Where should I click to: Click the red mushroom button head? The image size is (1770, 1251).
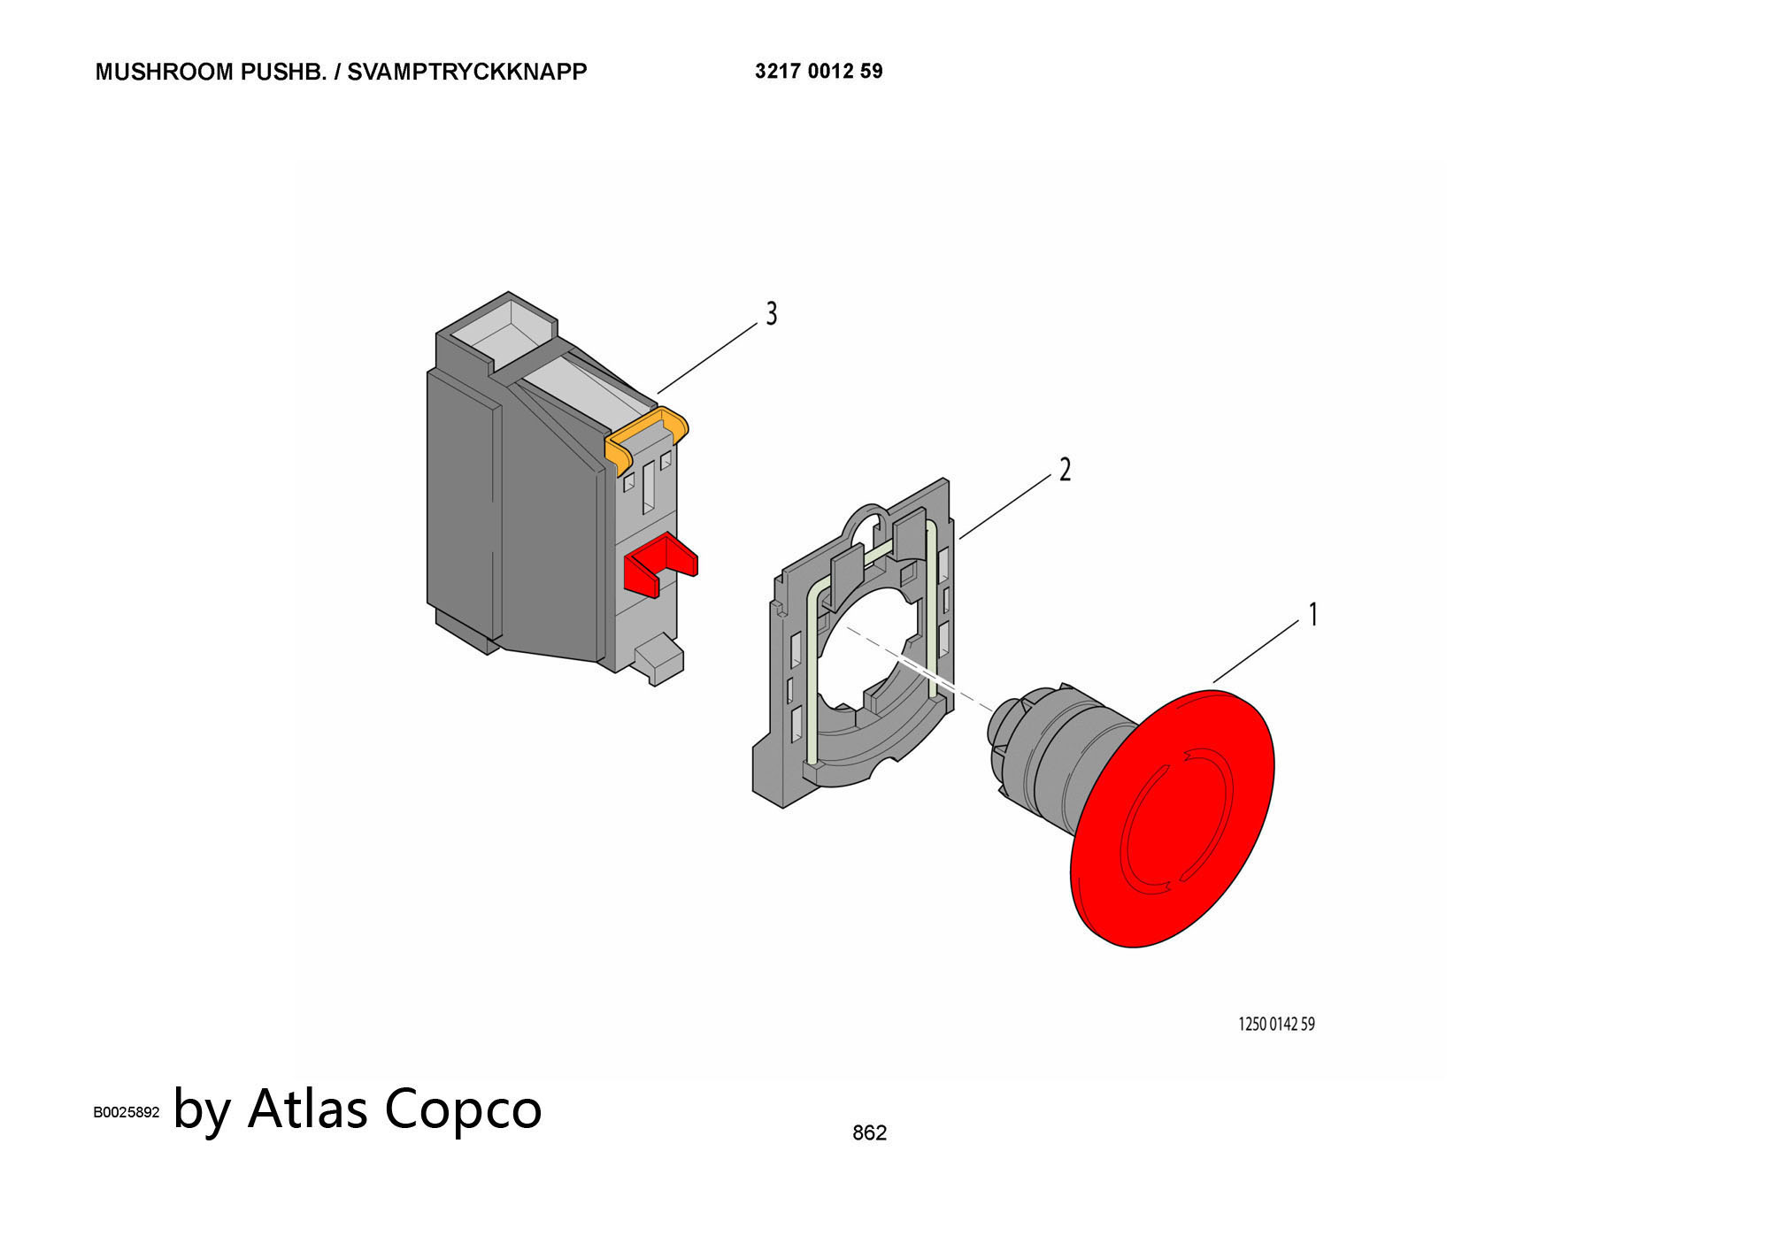[x=1173, y=818]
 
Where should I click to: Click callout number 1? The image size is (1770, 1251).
[x=1313, y=614]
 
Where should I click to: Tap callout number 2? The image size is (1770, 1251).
[x=1065, y=470]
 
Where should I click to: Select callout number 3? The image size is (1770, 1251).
[x=772, y=313]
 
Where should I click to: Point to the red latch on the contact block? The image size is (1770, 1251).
[x=660, y=565]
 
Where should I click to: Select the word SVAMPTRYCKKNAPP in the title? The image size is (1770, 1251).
[x=466, y=72]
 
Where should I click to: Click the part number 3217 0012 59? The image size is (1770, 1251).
[x=819, y=71]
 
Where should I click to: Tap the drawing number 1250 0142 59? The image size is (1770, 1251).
[x=1276, y=1024]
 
